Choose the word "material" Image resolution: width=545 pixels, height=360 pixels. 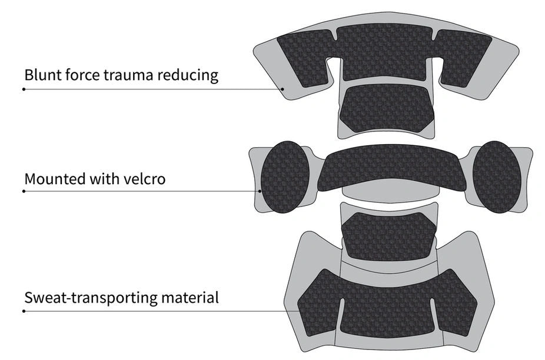190,298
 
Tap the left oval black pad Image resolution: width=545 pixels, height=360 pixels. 285,177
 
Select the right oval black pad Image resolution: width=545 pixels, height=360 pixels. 497,177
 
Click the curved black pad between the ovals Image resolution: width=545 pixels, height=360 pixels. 392,168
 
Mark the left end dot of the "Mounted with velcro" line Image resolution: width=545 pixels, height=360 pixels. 24,191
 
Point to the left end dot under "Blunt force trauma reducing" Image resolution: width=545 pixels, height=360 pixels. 24,89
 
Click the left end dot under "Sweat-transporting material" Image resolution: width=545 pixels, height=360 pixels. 24,311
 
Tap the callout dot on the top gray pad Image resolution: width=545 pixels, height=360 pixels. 283,89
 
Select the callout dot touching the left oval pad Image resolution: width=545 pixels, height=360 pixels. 260,191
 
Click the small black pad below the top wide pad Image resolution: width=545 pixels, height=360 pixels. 387,108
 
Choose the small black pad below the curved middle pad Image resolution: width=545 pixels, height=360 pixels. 389,236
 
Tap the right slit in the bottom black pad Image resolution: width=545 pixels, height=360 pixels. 434,313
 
